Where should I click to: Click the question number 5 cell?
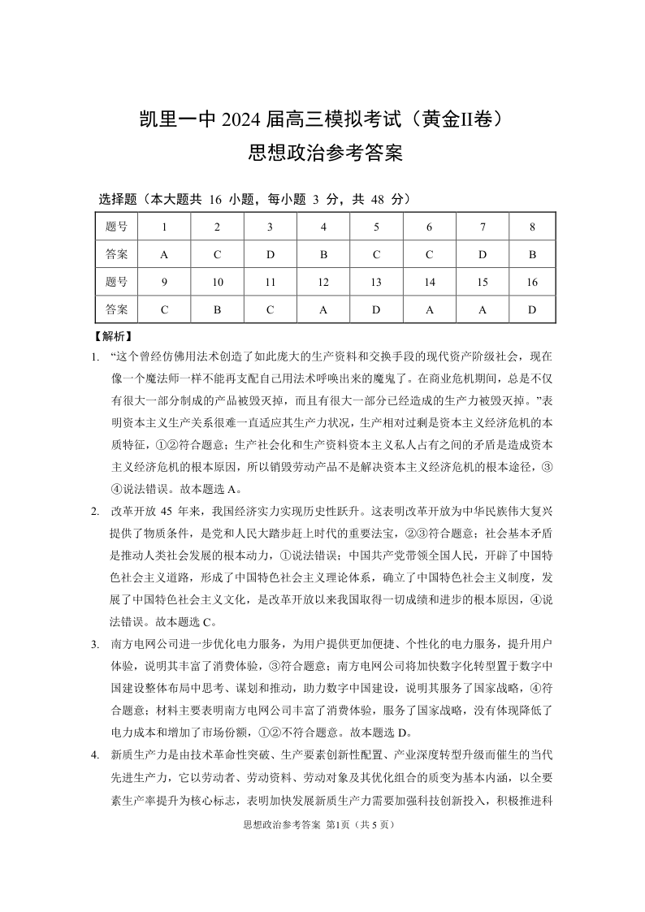click(x=376, y=227)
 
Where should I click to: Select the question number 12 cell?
click(x=323, y=282)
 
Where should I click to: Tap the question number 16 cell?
click(x=532, y=282)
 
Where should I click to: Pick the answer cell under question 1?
click(x=164, y=254)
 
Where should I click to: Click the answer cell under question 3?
click(x=271, y=254)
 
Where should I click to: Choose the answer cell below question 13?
click(x=376, y=309)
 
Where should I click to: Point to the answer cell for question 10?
click(x=217, y=309)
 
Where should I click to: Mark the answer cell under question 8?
click(x=532, y=254)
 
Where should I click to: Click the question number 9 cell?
click(x=164, y=282)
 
